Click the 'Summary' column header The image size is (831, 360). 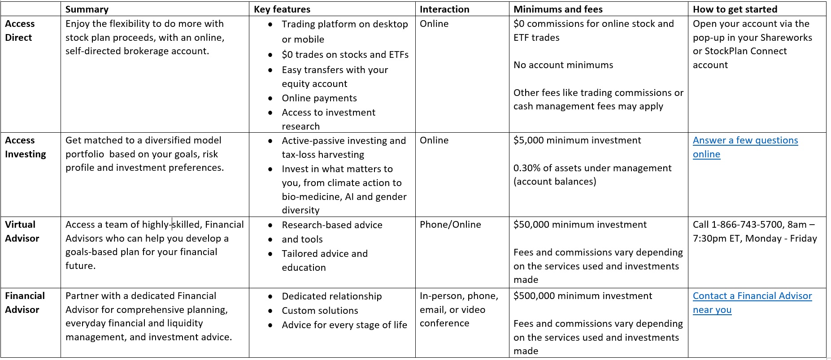pyautogui.click(x=87, y=9)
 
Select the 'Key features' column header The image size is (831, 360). pyautogui.click(x=282, y=9)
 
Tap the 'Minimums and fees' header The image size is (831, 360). pyautogui.click(x=558, y=9)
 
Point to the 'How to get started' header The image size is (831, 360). pyautogui.click(x=735, y=9)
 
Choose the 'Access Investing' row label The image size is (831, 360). pyautogui.click(x=25, y=147)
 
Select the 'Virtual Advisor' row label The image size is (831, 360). pyautogui.click(x=22, y=231)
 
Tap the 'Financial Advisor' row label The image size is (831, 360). pyautogui.click(x=25, y=303)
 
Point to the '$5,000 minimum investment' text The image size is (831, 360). pyautogui.click(x=577, y=140)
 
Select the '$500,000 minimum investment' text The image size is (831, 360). pyautogui.click(x=583, y=296)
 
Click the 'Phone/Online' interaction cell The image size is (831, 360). pyautogui.click(x=450, y=225)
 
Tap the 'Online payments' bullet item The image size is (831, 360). pyautogui.click(x=319, y=98)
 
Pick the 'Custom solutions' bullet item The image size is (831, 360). pyautogui.click(x=320, y=311)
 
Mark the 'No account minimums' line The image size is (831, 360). pyautogui.click(x=563, y=65)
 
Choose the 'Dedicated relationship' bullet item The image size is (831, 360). pyautogui.click(x=332, y=296)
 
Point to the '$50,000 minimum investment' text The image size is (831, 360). pyautogui.click(x=580, y=225)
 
